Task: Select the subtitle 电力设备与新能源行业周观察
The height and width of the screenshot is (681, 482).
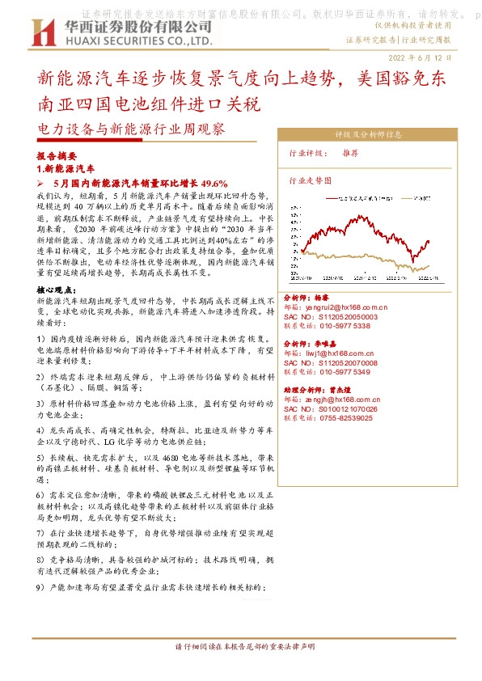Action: (131, 129)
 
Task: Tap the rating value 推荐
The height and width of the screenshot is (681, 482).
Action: (350, 152)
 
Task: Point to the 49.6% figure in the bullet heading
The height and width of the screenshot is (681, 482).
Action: (214, 183)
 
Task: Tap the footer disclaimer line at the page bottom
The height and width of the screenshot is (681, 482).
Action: (240, 647)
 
